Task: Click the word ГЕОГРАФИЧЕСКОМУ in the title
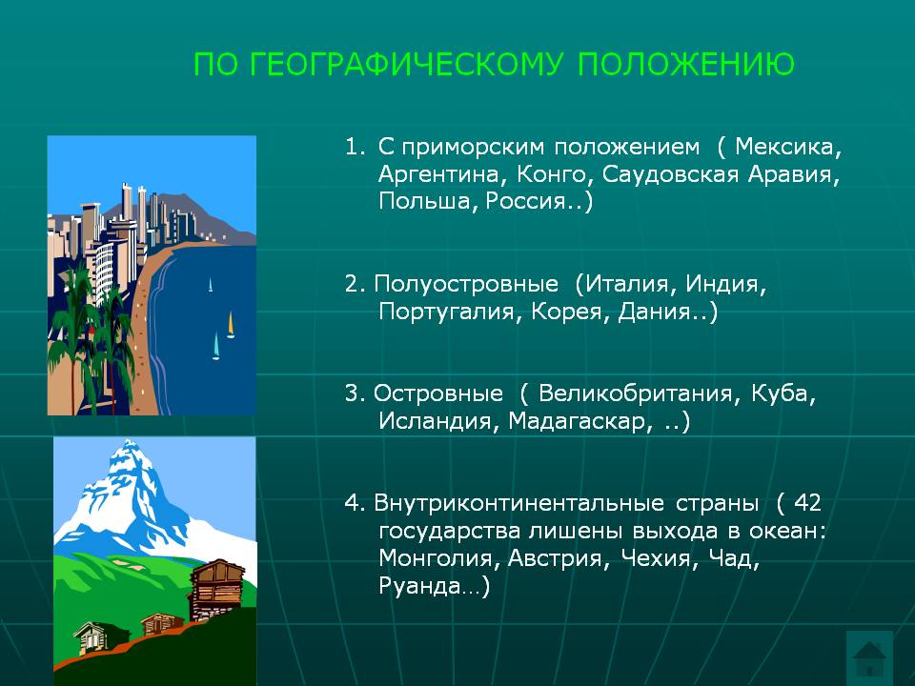(407, 64)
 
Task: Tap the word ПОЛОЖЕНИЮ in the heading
(686, 64)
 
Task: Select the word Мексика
(788, 147)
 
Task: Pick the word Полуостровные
(466, 284)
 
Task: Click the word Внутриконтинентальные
(518, 503)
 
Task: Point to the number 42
(807, 503)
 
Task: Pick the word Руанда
(418, 585)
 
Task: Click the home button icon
(869, 658)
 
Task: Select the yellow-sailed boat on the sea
(231, 325)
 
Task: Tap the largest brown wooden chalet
(217, 589)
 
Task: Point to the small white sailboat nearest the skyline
(210, 285)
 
